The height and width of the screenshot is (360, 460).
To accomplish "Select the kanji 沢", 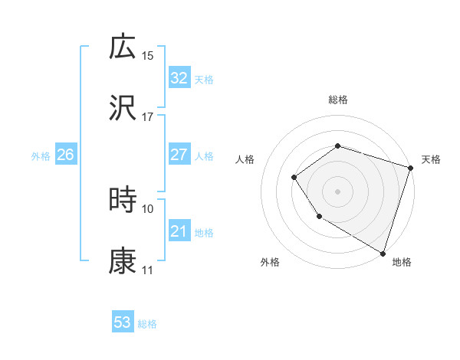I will coord(123,109).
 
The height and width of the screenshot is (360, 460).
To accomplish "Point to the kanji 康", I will coord(123,261).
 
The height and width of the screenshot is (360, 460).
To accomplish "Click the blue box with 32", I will coord(179,78).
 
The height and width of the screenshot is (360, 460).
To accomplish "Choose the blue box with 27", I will coord(179,155).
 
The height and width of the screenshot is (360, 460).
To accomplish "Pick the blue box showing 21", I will coord(179,231).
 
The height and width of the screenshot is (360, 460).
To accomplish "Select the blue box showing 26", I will coord(66,155).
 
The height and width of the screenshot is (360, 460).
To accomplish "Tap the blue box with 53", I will coord(123,322).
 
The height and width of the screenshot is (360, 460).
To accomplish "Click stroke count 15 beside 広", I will coord(148,56).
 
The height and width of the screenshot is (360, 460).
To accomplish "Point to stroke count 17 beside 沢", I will coord(148,118).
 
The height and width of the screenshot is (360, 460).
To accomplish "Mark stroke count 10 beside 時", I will coord(148,208).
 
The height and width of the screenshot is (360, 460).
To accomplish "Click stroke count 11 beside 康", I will coord(148,270).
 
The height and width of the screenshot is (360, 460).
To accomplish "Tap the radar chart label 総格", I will coord(338,100).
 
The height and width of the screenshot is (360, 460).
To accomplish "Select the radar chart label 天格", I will coord(431,159).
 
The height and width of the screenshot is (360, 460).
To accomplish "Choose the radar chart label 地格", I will coord(402,262).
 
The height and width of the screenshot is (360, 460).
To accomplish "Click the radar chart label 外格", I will coord(270,262).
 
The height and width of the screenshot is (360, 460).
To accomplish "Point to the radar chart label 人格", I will coord(245,159).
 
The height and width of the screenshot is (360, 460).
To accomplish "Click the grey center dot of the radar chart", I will coord(337,191).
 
